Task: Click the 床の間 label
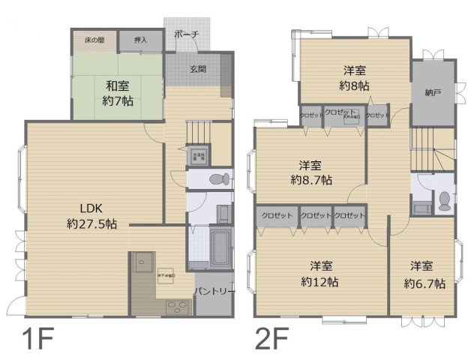coord(94,39)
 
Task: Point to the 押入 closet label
coord(139,39)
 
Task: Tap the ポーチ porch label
coord(187,34)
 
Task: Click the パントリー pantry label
coord(215,290)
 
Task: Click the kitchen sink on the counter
coord(142,262)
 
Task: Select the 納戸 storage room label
coord(432,93)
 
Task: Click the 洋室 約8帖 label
coord(354,78)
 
